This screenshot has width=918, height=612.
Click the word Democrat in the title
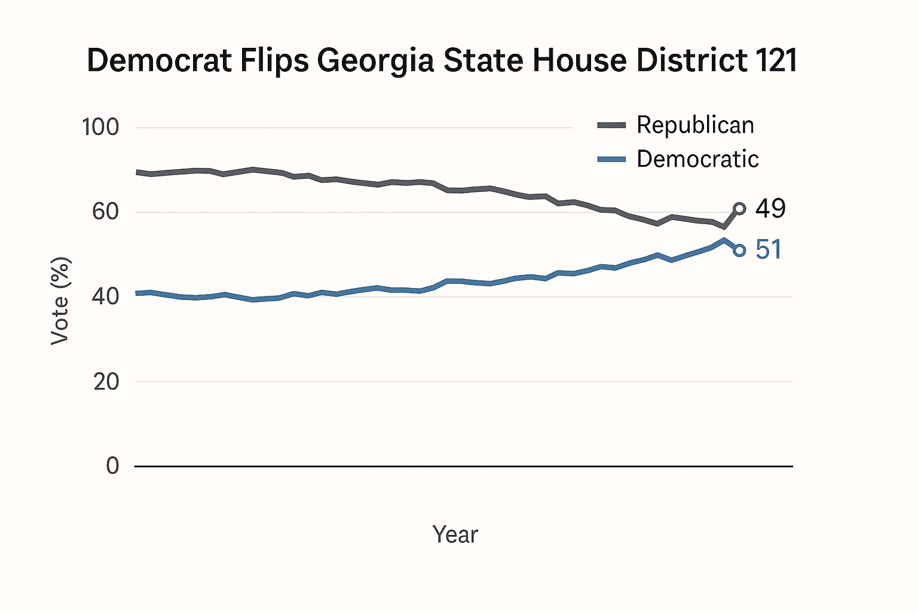(x=159, y=61)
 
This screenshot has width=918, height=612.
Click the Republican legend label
(x=695, y=125)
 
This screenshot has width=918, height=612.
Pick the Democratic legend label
(x=697, y=159)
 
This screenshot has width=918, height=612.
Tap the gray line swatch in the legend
(x=611, y=125)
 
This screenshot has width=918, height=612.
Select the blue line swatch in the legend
(x=611, y=159)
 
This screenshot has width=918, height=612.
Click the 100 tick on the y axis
(x=100, y=127)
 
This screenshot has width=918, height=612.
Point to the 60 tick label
(x=105, y=212)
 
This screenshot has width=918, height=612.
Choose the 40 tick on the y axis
(x=105, y=296)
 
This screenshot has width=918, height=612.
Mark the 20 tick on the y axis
(x=106, y=381)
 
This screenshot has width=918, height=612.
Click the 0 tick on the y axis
(x=112, y=466)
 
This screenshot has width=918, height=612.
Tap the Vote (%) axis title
(x=60, y=301)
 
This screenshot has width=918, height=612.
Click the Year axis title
(x=455, y=534)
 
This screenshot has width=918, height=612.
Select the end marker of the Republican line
(x=739, y=209)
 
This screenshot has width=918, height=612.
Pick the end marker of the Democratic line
(x=739, y=250)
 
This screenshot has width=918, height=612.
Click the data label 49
(x=770, y=209)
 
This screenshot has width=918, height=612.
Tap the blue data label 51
(x=769, y=250)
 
